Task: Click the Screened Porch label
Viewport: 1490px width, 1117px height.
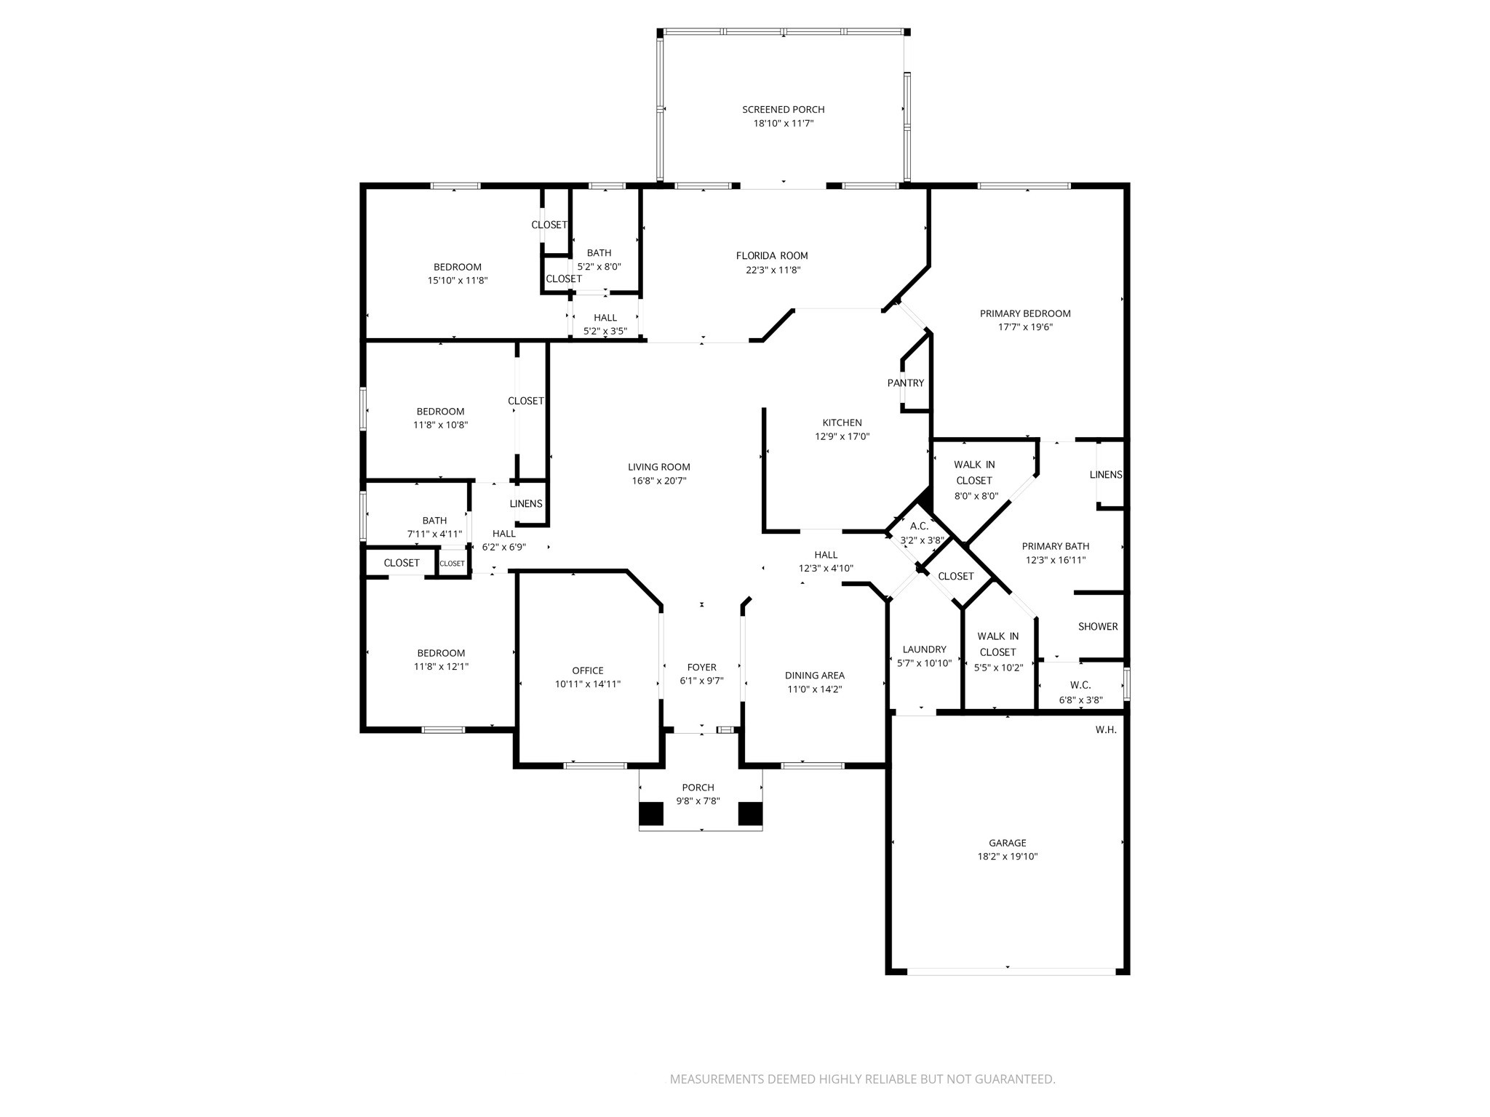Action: (783, 110)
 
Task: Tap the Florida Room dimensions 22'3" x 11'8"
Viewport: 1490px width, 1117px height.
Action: (771, 270)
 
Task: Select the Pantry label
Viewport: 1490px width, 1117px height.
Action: (905, 383)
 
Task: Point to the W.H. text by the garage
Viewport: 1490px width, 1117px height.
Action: (1105, 730)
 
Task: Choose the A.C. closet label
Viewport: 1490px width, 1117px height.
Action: (919, 526)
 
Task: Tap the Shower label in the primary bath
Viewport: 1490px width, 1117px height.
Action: (1097, 626)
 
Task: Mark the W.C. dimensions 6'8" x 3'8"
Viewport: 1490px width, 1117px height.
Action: (1080, 700)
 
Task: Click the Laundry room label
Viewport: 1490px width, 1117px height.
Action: (924, 649)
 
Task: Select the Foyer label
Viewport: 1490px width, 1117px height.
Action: (701, 667)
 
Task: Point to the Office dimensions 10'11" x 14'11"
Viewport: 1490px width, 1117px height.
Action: (587, 684)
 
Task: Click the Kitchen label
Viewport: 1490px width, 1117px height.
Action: (842, 423)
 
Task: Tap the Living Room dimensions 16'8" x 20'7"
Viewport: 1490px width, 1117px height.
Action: (658, 481)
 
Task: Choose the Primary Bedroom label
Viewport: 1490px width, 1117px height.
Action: (1024, 313)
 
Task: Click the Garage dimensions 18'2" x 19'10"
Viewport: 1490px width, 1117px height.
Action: (1007, 857)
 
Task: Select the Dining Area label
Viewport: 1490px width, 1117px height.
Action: (814, 676)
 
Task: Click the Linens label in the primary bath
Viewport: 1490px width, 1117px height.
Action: (1105, 475)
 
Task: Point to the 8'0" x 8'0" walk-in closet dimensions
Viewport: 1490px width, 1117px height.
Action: (976, 496)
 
